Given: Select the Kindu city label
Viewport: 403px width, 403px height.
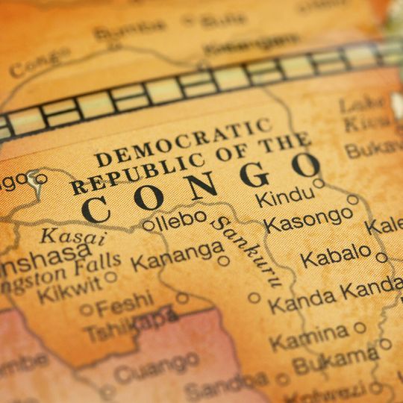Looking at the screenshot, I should tap(284, 197).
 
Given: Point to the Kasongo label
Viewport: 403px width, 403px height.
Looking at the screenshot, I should tap(307, 220).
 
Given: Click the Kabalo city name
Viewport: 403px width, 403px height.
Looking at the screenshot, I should tap(335, 255).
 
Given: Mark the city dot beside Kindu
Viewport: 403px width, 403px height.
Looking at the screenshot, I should tap(319, 183).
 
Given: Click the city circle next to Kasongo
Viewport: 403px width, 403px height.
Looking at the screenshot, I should tap(353, 199).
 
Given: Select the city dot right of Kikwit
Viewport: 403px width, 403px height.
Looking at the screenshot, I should tap(111, 277).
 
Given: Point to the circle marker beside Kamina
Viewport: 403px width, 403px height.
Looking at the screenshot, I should tap(360, 327).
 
